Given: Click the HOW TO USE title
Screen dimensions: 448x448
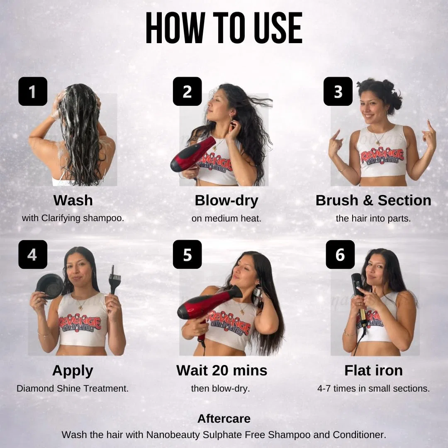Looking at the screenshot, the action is pyautogui.click(x=224, y=28).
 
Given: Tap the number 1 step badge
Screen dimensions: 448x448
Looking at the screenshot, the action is pyautogui.click(x=33, y=91).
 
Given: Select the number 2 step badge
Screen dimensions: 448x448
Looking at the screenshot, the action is pyautogui.click(x=187, y=91).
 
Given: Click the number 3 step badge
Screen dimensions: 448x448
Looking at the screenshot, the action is pyautogui.click(x=338, y=91).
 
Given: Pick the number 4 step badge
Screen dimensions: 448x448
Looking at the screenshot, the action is pyautogui.click(x=33, y=254).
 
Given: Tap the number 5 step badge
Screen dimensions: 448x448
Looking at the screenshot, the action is pyautogui.click(x=187, y=254).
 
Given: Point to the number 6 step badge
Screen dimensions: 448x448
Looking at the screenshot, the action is pyautogui.click(x=340, y=254).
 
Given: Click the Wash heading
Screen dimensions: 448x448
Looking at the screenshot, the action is pyautogui.click(x=73, y=200).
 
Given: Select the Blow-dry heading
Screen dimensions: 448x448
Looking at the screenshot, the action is pyautogui.click(x=226, y=201).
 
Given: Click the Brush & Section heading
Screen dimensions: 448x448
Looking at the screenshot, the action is pyautogui.click(x=373, y=200).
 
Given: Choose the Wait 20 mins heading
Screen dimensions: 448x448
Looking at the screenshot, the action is pyautogui.click(x=222, y=370).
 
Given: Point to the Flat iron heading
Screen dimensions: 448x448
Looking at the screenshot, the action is pyautogui.click(x=374, y=370).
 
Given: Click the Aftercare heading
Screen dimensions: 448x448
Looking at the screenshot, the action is pyautogui.click(x=224, y=419).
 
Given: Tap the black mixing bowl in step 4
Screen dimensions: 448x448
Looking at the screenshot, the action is pyautogui.click(x=50, y=286).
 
